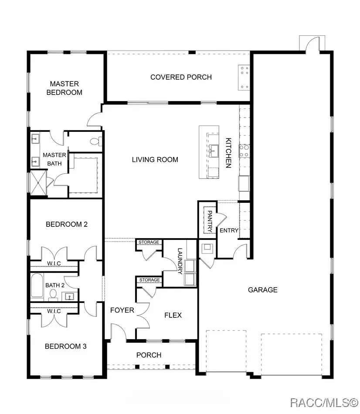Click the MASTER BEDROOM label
pos(64,88)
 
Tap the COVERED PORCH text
pos(181,77)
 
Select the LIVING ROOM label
pos(155,159)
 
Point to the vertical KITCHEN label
pos(228,153)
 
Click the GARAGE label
pos(262,289)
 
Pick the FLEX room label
pos(173,315)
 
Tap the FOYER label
pos(122,310)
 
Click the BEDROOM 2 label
pos(67,224)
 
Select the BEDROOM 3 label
pos(66,347)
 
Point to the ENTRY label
pos(228,230)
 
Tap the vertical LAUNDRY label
pos(180,261)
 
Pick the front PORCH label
pos(149,355)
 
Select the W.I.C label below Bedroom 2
pos(54,263)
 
